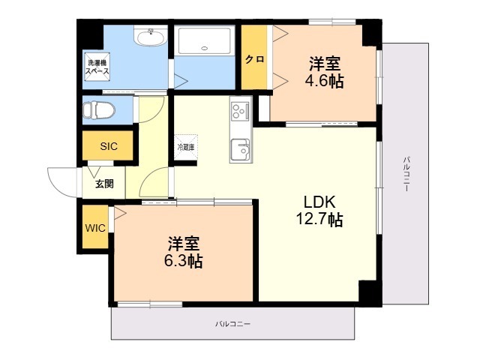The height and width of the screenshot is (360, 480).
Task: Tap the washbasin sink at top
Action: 151,37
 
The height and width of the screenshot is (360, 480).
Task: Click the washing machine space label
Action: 97,66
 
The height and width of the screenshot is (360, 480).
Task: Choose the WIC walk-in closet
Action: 95,228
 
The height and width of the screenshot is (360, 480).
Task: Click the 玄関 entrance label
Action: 104,184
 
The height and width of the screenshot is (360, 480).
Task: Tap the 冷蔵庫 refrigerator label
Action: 185,147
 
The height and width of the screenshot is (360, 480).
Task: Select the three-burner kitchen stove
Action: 241,111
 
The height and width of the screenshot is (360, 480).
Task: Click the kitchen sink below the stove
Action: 241,149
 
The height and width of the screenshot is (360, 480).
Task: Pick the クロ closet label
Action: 254,59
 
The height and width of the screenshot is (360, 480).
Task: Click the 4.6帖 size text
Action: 324,81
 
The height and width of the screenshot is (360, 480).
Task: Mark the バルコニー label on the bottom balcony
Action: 232,323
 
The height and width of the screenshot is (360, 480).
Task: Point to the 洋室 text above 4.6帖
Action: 324,63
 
